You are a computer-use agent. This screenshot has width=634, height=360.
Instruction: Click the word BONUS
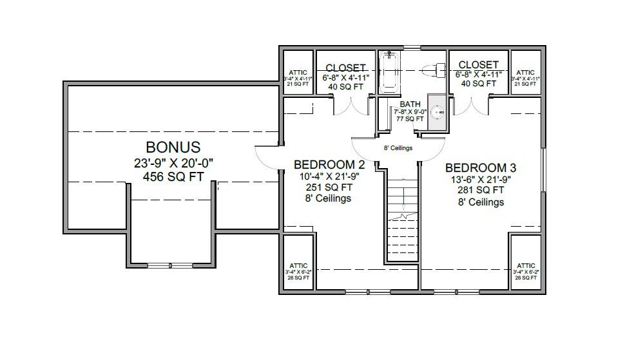[x=173, y=147]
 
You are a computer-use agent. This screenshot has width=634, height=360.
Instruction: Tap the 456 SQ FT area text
[x=173, y=176]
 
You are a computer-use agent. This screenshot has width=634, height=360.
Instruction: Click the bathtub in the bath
[x=390, y=71]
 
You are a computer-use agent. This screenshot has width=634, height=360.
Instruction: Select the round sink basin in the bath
[x=438, y=113]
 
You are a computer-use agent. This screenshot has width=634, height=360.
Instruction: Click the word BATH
[x=410, y=104]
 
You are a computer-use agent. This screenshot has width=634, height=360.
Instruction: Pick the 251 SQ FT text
[x=329, y=187]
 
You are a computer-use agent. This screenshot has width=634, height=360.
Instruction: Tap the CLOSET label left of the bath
[x=345, y=68]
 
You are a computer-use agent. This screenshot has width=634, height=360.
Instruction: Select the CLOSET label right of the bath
[x=477, y=65]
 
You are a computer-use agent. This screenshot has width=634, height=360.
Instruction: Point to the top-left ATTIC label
[x=298, y=72]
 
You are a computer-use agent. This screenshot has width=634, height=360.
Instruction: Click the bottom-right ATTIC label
[x=526, y=265]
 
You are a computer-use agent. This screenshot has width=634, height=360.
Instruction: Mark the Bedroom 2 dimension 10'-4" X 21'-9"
[x=329, y=176]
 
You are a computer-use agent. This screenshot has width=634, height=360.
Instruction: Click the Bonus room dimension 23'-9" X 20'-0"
[x=173, y=162]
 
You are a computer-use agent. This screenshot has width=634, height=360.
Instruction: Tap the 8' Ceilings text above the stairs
[x=398, y=148]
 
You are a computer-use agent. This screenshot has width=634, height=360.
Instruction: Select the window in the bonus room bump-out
[x=170, y=265]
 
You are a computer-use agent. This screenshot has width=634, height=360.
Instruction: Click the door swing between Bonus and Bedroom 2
[x=267, y=156]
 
